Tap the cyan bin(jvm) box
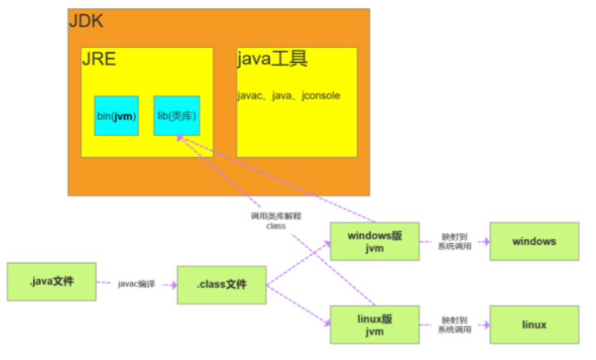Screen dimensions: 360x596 pyautogui.click(x=116, y=115)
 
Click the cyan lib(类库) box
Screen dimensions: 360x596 pyautogui.click(x=176, y=115)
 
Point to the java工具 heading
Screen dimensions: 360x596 pyautogui.click(x=272, y=59)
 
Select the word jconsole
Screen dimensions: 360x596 pyautogui.click(x=318, y=96)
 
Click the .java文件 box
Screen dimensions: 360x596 pyautogui.click(x=51, y=282)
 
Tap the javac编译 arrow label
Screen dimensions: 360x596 pyautogui.click(x=137, y=283)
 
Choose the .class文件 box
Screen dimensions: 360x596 pyautogui.click(x=222, y=285)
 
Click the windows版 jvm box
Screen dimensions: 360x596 pyautogui.click(x=373, y=242)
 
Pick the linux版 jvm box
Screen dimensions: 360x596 pyautogui.click(x=373, y=325)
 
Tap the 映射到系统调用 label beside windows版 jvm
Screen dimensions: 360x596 pyautogui.click(x=454, y=242)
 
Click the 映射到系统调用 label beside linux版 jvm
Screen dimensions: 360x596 pyautogui.click(x=454, y=324)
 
